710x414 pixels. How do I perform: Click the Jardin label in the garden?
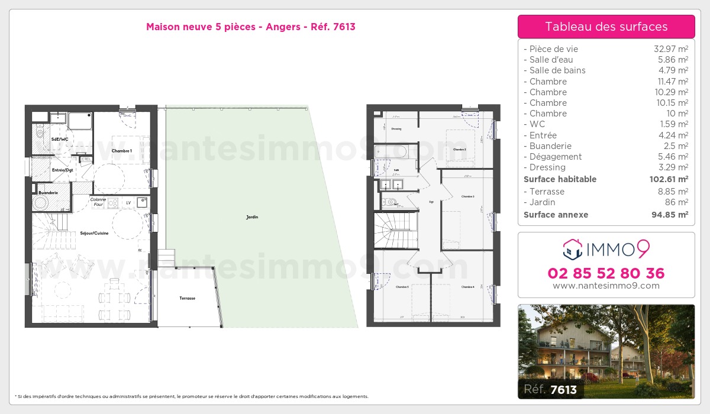252,217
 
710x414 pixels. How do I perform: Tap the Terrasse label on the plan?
187,298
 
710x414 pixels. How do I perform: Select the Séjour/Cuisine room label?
94,233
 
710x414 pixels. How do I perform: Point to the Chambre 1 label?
121,151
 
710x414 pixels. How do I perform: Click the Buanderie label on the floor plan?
48,193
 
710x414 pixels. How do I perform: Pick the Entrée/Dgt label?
62,170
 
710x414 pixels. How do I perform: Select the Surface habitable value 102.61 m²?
666,179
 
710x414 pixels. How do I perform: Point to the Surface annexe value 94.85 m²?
667,215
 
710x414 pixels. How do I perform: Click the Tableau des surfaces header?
606,27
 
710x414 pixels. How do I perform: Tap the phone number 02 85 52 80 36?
606,273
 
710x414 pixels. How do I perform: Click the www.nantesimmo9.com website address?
606,286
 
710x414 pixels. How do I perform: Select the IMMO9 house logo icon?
572,250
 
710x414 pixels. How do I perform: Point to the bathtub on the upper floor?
391,152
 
